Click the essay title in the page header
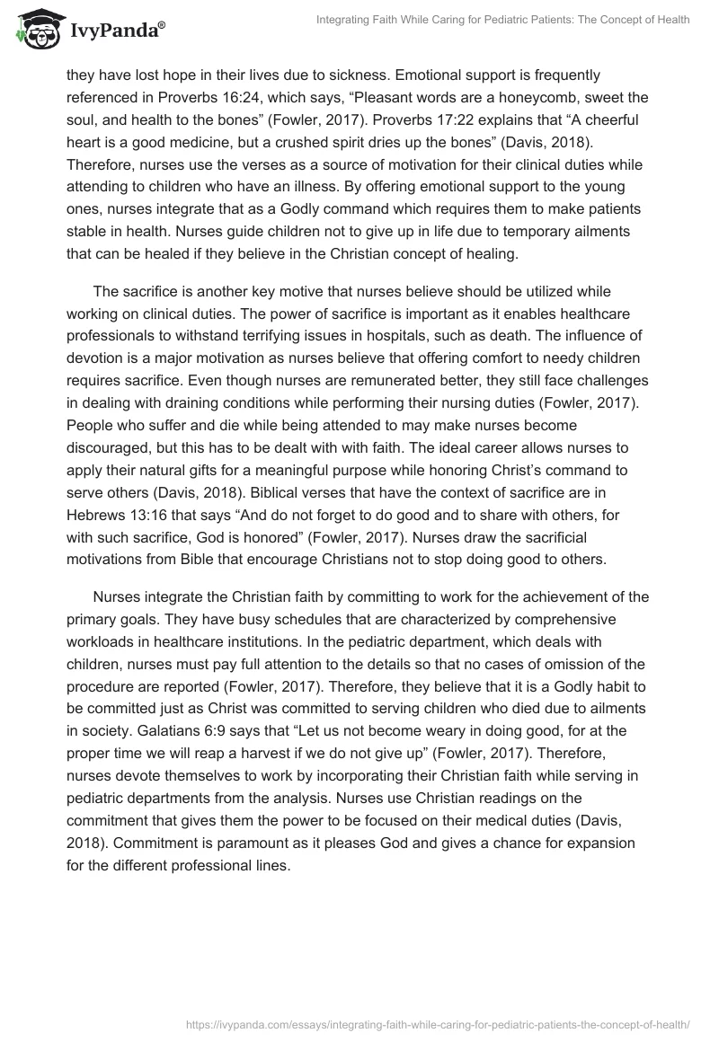pos(503,20)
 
